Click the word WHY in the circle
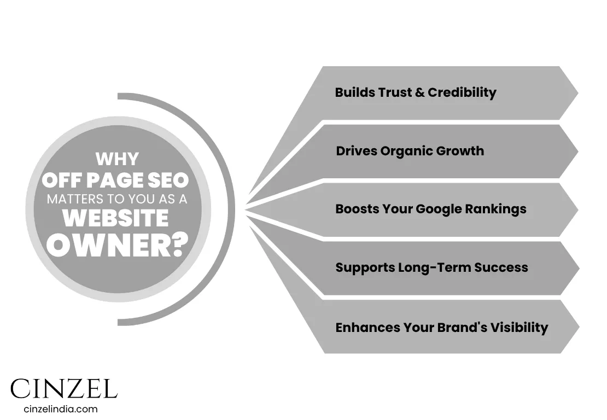pyautogui.click(x=117, y=159)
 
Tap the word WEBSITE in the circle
pyautogui.click(x=115, y=218)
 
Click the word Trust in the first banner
pyautogui.click(x=390, y=92)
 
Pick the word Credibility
pyautogui.click(x=462, y=92)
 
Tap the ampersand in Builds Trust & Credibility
pyautogui.click(x=419, y=92)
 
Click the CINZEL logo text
pyautogui.click(x=64, y=389)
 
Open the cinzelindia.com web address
pyautogui.click(x=61, y=409)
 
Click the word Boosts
pyautogui.click(x=354, y=209)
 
